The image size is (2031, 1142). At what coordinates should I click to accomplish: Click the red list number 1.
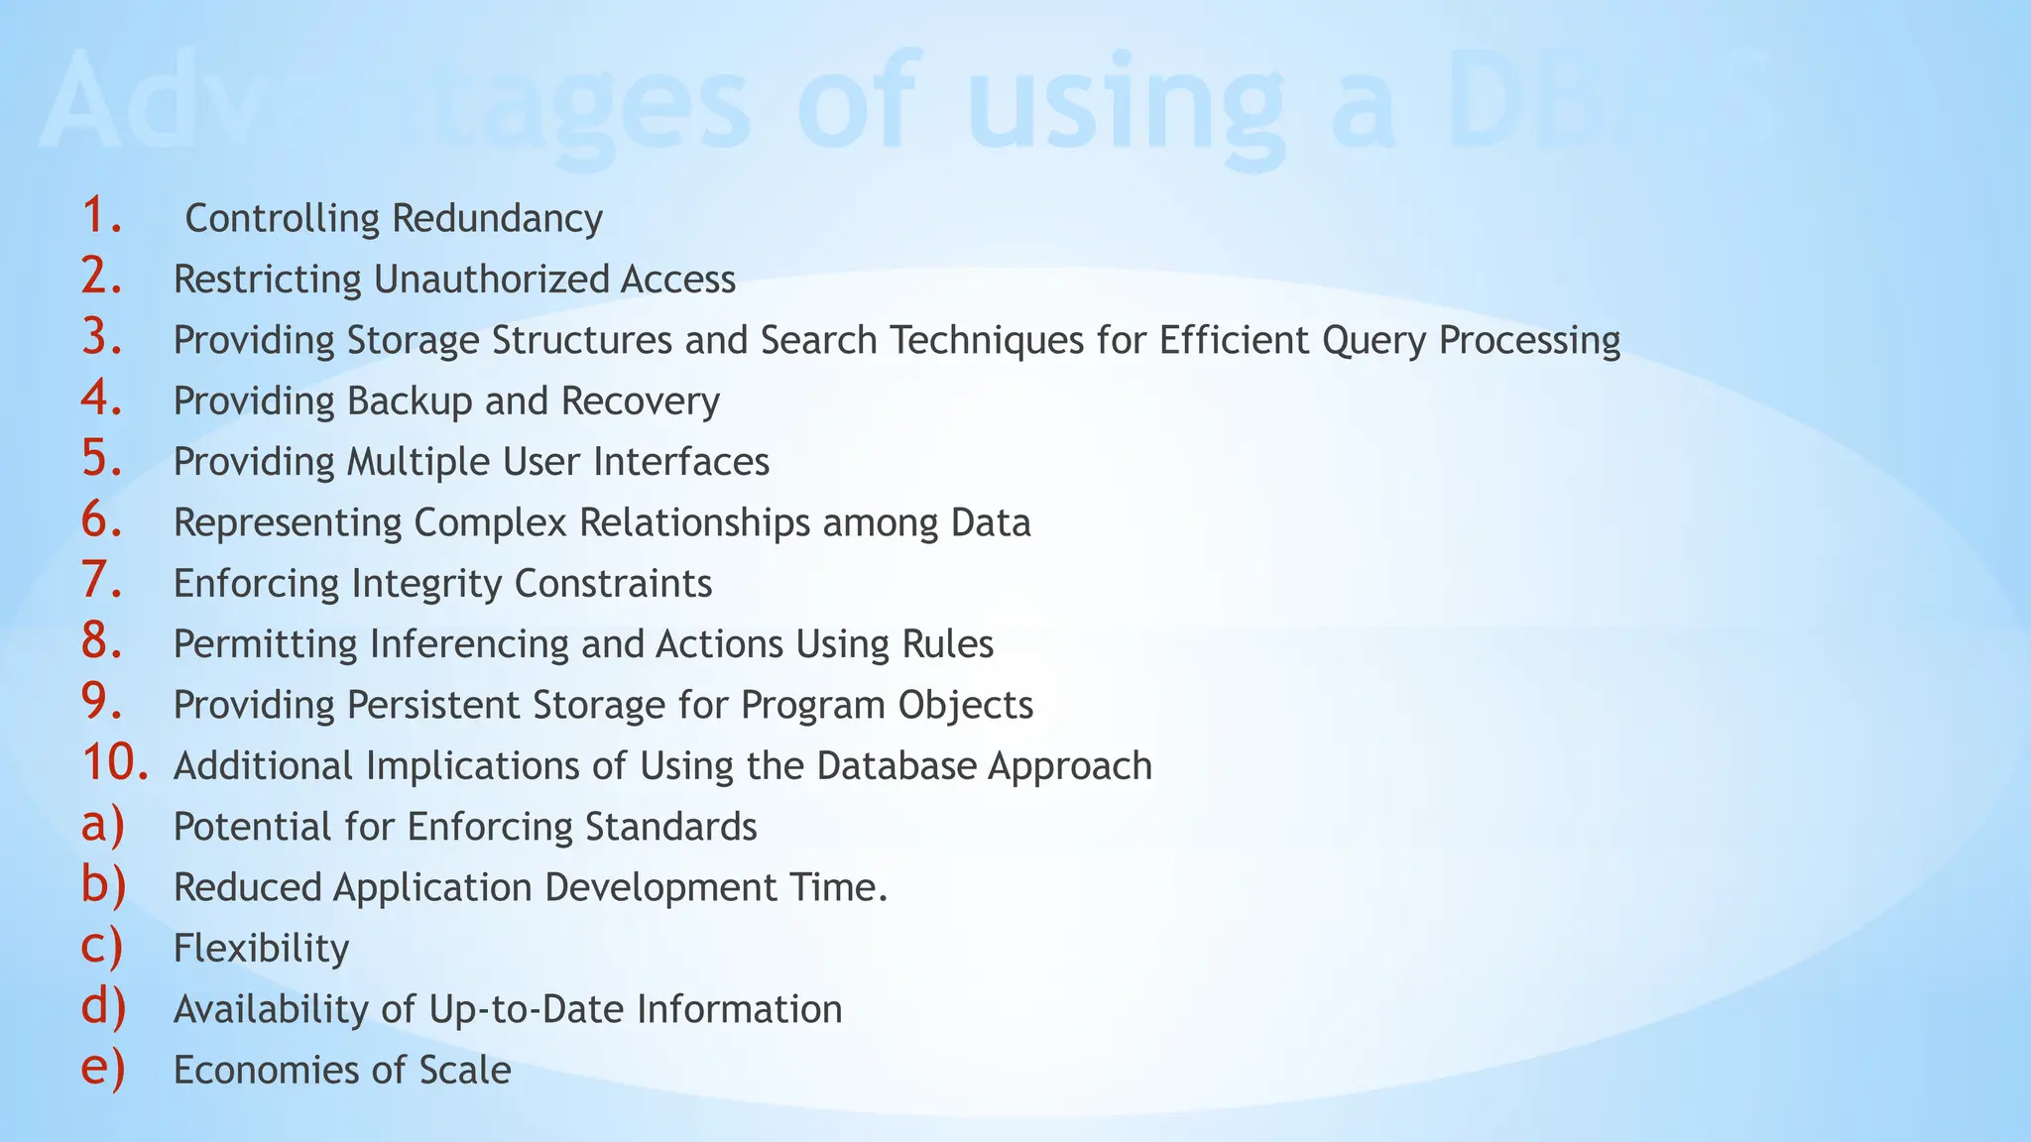coord(101,216)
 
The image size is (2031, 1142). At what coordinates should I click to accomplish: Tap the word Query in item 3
coord(1374,341)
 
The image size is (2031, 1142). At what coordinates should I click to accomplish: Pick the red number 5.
coord(101,459)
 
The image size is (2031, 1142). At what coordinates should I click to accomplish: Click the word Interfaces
coord(681,462)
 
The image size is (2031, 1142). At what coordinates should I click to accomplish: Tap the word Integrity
coord(427,584)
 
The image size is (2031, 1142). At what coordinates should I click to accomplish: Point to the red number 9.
coord(101,702)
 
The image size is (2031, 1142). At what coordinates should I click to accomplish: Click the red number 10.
coord(114,763)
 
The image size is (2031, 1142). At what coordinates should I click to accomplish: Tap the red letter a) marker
coord(102,825)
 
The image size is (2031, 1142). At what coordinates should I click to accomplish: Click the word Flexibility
coord(261,949)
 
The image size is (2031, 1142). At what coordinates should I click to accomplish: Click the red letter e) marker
coord(102,1069)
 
